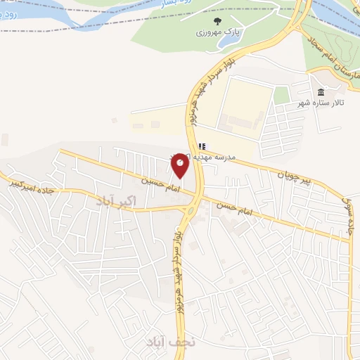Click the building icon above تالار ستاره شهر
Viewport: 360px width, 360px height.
(x=321, y=92)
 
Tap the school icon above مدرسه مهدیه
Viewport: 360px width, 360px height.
(x=202, y=146)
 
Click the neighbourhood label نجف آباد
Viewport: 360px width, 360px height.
(x=164, y=342)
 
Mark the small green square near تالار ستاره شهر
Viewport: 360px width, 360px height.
(x=282, y=95)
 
